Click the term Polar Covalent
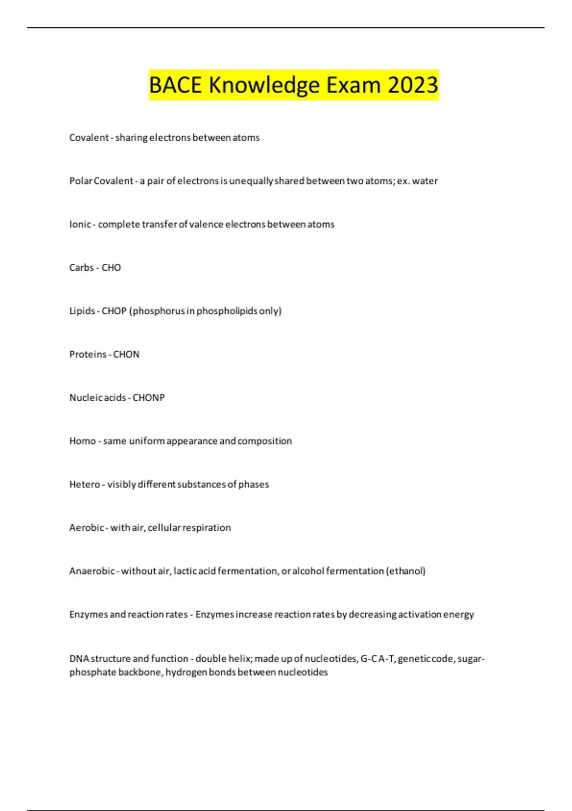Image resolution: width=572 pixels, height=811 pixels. coord(101,181)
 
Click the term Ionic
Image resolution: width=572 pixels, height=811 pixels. coord(80,224)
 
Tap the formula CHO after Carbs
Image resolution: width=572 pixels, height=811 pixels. coord(111,268)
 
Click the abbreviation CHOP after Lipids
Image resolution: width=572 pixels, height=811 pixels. coord(114,311)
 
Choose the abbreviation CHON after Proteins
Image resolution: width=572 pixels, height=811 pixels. coord(126,354)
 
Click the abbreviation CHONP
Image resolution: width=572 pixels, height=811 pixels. coord(148,398)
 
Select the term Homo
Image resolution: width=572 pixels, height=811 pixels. coord(82,441)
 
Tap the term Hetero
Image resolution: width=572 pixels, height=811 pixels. coord(84,485)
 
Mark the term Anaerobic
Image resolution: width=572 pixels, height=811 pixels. coord(92,571)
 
